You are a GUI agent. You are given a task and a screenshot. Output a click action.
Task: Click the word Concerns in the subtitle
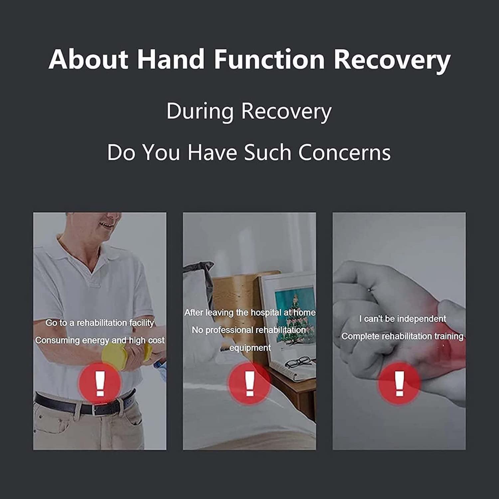[x=344, y=152]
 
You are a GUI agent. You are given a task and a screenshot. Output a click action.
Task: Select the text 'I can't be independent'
[x=402, y=319]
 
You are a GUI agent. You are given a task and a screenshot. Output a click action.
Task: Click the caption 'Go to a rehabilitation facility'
[x=99, y=323]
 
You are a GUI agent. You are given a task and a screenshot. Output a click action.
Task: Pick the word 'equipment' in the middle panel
[x=250, y=348]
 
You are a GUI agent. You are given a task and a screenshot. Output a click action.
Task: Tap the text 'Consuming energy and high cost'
[x=99, y=341]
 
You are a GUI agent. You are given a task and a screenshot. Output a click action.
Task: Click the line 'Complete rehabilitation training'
[x=402, y=336]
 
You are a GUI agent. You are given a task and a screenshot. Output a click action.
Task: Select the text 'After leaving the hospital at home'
[x=250, y=313]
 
